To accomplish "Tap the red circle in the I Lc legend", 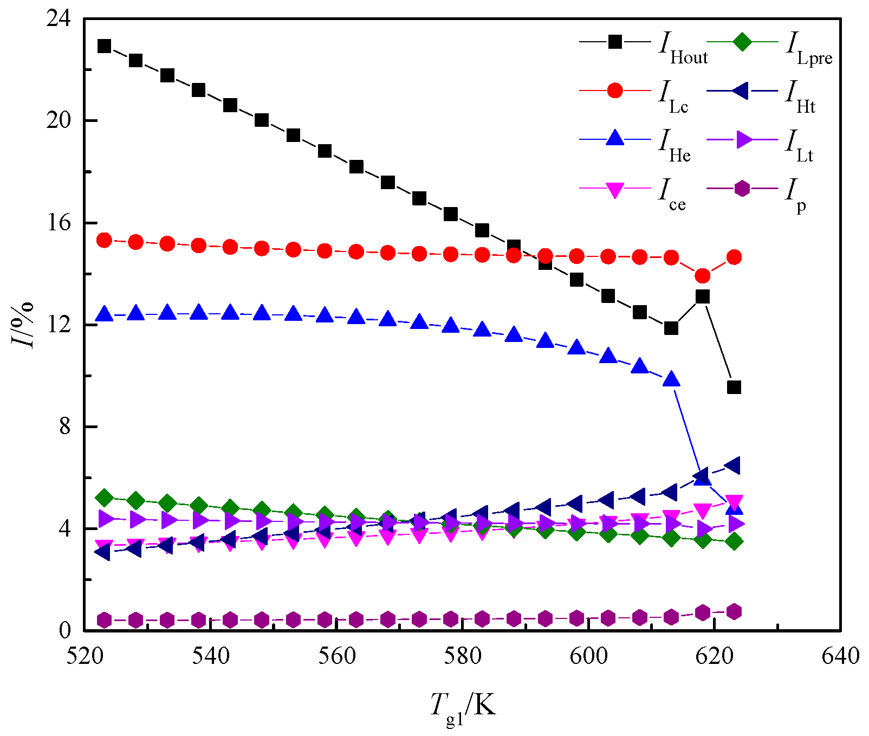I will [615, 90].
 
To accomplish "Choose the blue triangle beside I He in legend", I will [615, 139].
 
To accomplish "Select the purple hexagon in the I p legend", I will [742, 189].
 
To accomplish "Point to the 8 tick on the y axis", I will [65, 427].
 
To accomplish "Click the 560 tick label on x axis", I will [336, 656].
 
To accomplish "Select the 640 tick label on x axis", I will [840, 656].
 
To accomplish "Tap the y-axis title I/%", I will [23, 325].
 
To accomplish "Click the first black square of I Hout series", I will [104, 46].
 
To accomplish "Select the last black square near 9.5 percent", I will [734, 387].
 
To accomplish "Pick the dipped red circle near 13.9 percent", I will [703, 276].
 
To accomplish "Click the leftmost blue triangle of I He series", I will [104, 314].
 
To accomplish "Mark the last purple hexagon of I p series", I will [734, 612].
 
